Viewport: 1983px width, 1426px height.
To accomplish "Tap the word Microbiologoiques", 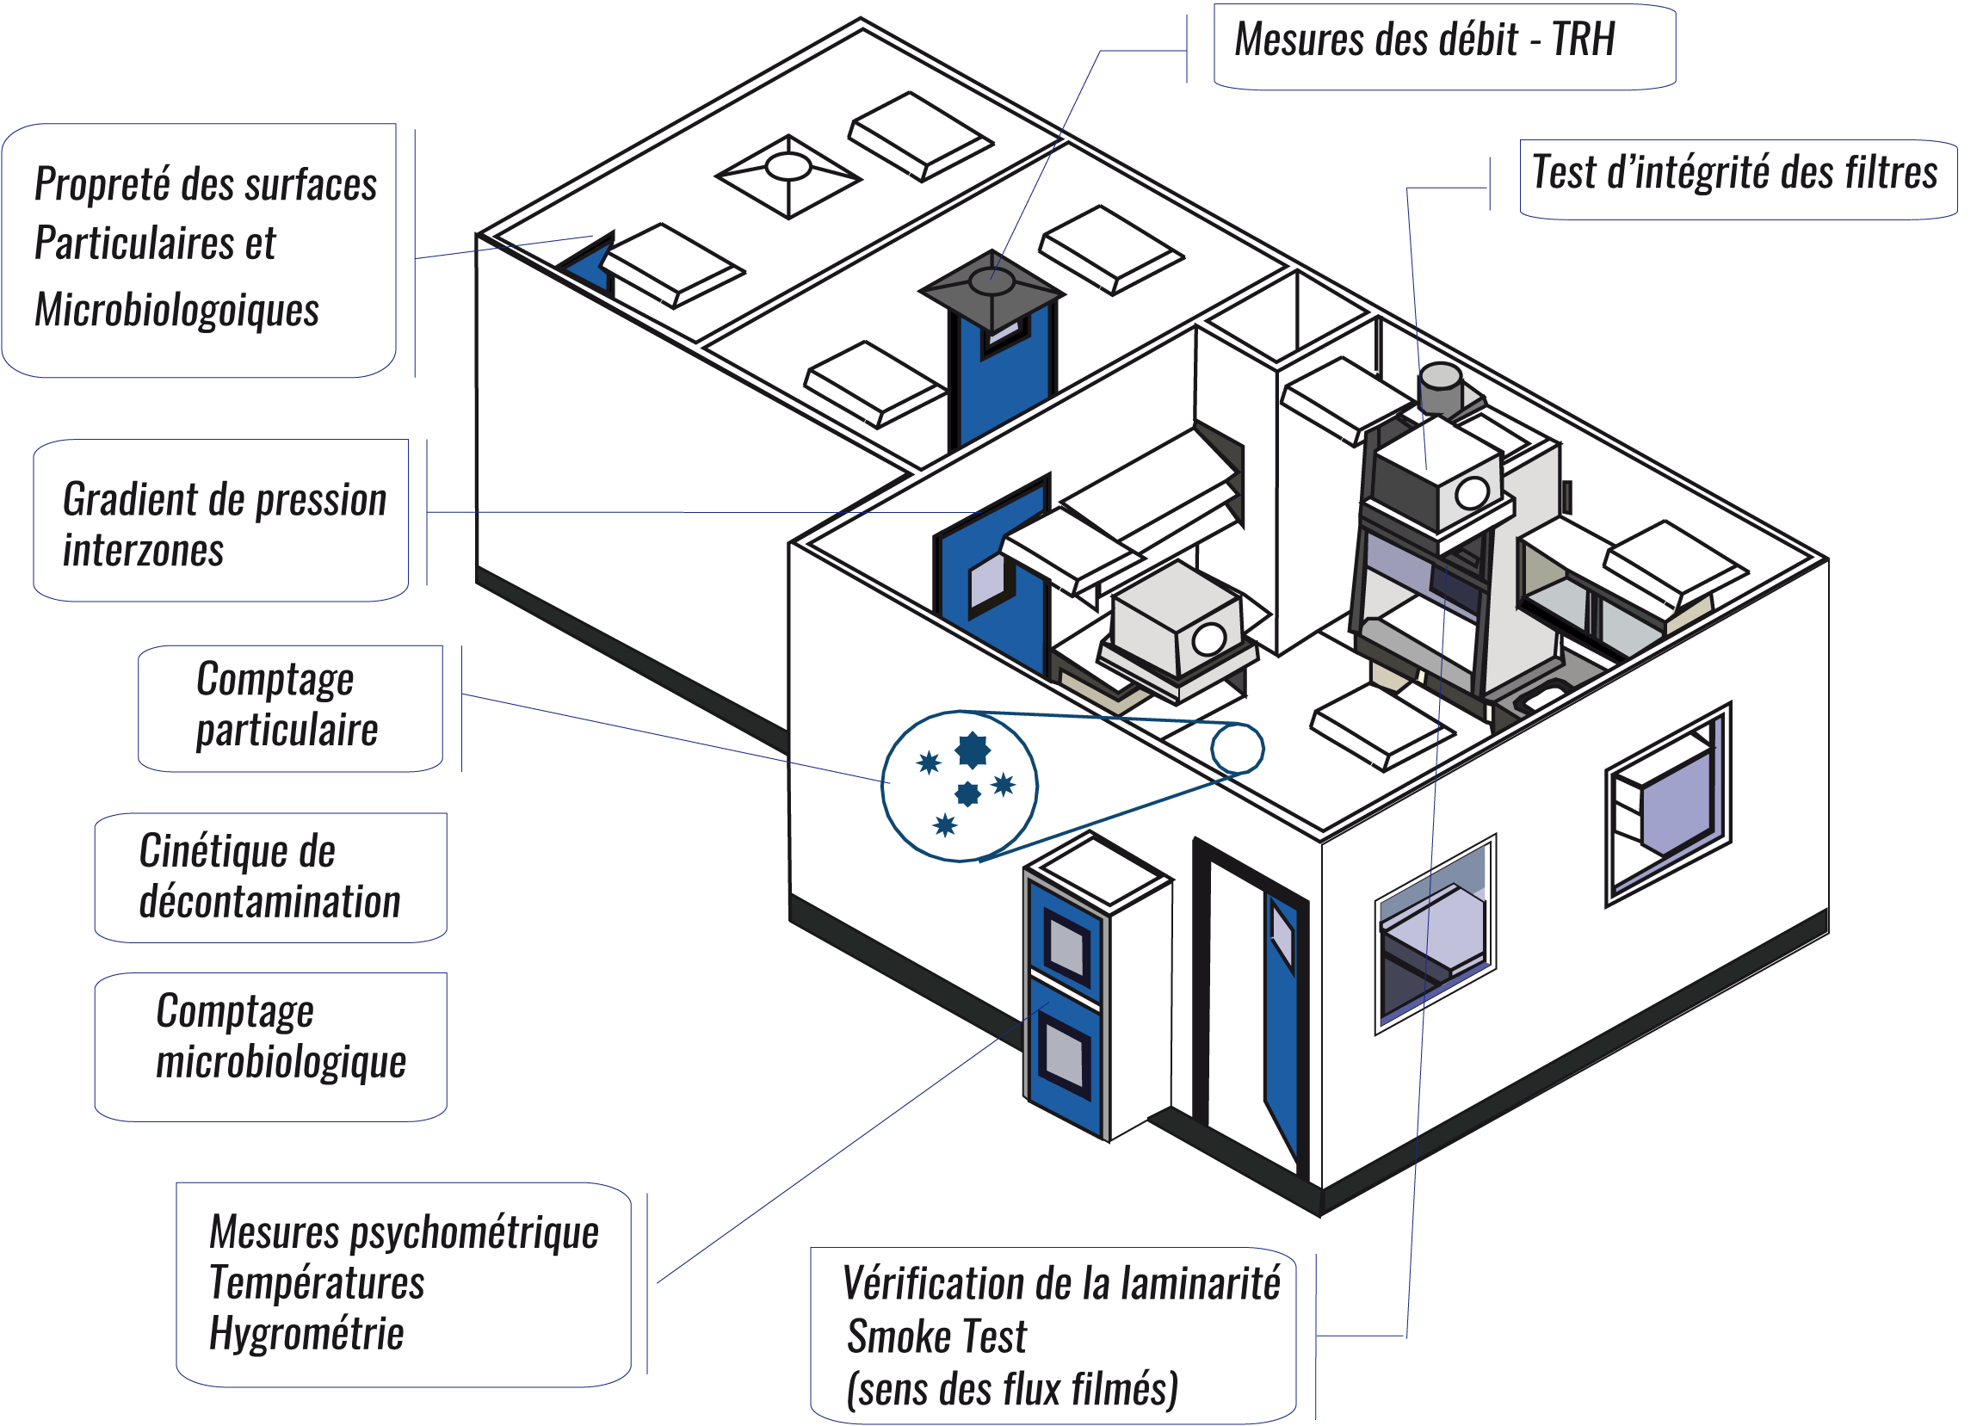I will pyautogui.click(x=176, y=311).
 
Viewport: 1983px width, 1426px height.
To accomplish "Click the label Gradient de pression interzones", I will pyautogui.click(x=225, y=524).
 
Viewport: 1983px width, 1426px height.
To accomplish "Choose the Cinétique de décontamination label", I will pyautogui.click(x=269, y=877).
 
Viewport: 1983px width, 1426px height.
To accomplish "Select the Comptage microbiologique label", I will pyautogui.click(x=280, y=1037).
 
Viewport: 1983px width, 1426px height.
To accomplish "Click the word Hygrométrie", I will pyautogui.click(x=306, y=1334).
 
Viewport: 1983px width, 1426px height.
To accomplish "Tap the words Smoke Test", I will pyautogui.click(x=936, y=1336).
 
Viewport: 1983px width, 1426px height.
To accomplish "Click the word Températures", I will pyautogui.click(x=317, y=1283).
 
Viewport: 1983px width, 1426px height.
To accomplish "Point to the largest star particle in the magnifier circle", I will pyautogui.click(x=972, y=750).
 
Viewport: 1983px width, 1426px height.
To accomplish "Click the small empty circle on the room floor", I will pyautogui.click(x=1237, y=749).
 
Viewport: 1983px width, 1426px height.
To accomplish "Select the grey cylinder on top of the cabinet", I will pyautogui.click(x=1440, y=386).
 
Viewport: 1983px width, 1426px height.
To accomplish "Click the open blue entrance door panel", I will pyautogui.click(x=1282, y=1019).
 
